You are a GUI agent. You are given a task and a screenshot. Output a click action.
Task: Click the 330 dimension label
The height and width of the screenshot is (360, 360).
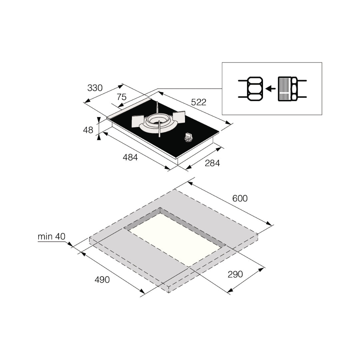pos(95,88)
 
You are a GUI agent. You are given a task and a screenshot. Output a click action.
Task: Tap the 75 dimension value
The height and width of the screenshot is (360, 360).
pos(121,97)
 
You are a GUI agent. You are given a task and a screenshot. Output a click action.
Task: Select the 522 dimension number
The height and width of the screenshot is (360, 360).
pos(199,102)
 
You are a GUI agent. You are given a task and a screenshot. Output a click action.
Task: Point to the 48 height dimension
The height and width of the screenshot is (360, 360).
pos(88,130)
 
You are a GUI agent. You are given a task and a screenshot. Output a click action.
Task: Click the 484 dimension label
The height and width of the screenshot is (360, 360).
pos(130,157)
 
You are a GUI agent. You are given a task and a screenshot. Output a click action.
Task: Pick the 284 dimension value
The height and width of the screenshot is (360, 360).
pos(212,163)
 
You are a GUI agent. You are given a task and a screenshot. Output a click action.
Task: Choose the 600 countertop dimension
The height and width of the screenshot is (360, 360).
pos(240,198)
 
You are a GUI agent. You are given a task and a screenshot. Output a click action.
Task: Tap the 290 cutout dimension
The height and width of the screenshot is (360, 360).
pos(235,274)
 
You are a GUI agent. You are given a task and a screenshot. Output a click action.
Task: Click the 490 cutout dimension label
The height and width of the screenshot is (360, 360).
pos(102,280)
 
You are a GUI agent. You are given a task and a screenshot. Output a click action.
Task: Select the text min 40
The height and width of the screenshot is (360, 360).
pos(52,236)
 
